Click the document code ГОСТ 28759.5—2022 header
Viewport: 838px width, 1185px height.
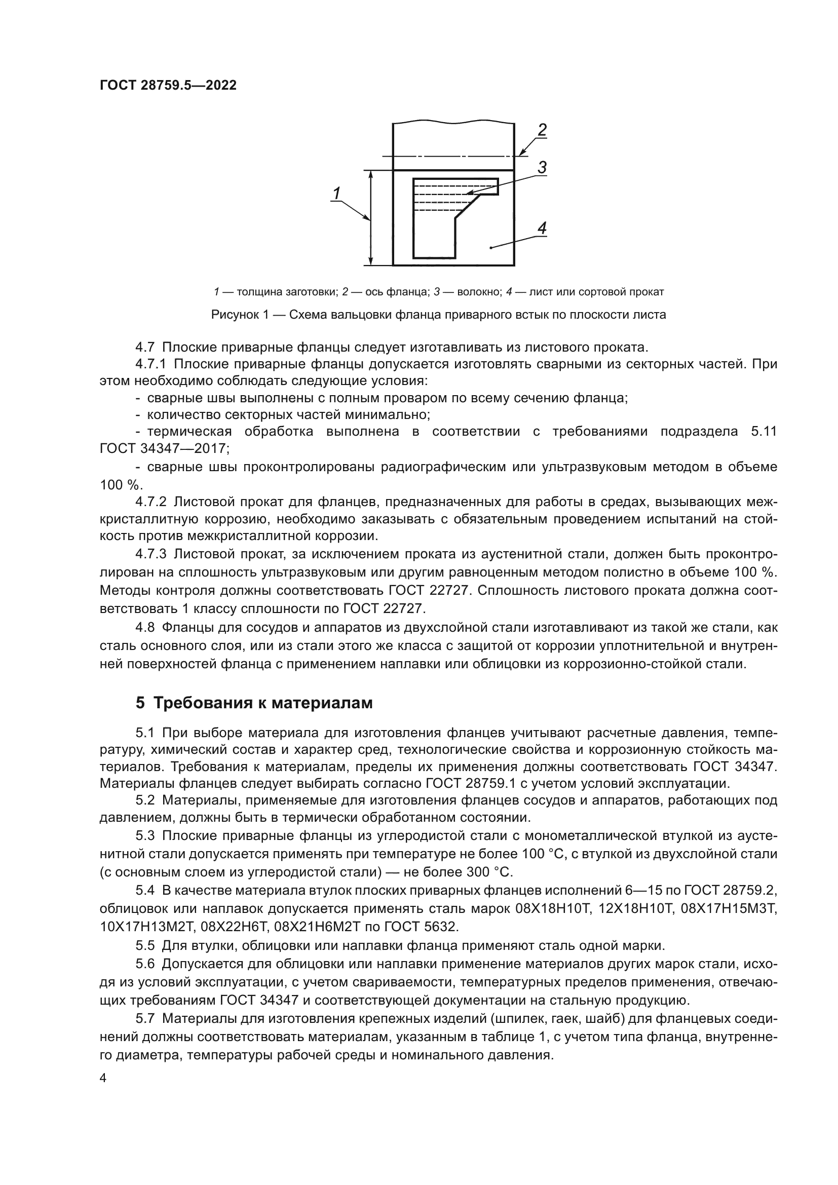click(x=168, y=85)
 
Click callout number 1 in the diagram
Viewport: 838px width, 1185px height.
click(x=336, y=194)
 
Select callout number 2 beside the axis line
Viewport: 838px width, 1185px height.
click(x=541, y=131)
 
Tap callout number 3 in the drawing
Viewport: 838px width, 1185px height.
click(x=542, y=168)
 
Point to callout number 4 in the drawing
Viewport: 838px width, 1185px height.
click(x=541, y=227)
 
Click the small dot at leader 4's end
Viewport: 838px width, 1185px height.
click(x=491, y=248)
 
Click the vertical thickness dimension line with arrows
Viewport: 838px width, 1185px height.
click(x=370, y=218)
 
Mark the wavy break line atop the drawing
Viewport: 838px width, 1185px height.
click(x=453, y=123)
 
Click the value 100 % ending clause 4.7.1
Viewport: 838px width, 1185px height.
click(x=119, y=485)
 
